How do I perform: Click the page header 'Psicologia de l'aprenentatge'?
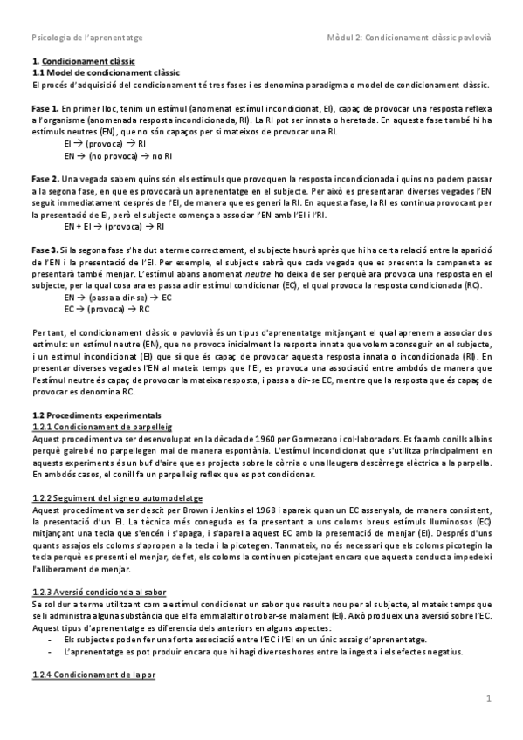pyautogui.click(x=87, y=38)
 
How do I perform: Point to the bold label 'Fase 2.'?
pyautogui.click(x=45, y=176)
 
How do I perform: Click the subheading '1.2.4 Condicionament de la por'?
pyautogui.click(x=93, y=675)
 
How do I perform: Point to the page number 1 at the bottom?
pyautogui.click(x=489, y=698)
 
